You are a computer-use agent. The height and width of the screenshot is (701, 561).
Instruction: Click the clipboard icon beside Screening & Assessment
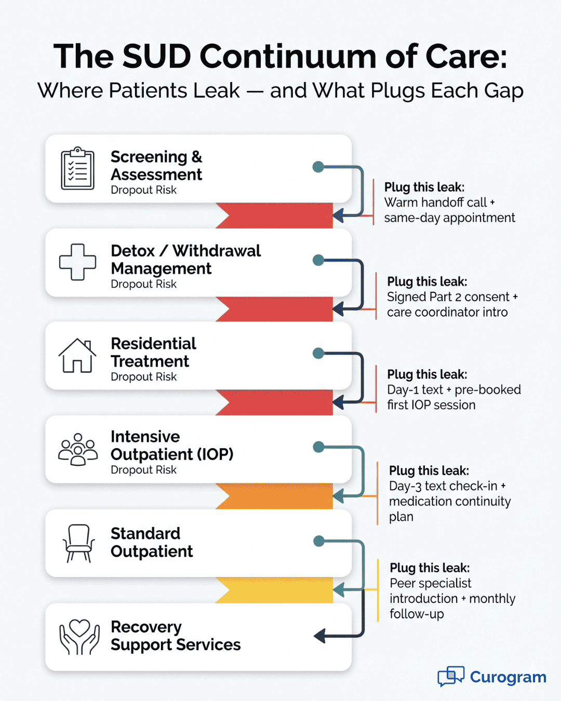[78, 168]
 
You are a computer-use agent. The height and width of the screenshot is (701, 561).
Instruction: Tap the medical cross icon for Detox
[78, 262]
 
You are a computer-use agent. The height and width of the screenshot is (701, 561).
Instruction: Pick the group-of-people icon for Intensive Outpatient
[78, 449]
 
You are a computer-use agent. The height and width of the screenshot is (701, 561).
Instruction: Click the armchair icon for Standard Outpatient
[78, 543]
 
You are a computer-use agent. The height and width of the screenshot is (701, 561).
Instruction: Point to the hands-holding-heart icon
[79, 637]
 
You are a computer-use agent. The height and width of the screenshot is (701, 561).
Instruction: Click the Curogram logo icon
[450, 676]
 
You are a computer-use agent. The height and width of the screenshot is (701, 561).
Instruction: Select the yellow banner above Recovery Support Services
[274, 590]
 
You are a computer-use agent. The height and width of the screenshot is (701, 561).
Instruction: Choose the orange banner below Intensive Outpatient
[274, 496]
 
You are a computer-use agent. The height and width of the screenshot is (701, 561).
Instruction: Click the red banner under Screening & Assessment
[274, 215]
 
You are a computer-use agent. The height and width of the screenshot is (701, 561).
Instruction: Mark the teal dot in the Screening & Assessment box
[318, 167]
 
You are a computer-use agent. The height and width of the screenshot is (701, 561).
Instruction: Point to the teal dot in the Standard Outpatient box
[319, 541]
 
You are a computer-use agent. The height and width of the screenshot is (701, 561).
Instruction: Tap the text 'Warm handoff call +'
[439, 203]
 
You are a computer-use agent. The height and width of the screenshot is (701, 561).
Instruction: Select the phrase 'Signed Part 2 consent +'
[452, 297]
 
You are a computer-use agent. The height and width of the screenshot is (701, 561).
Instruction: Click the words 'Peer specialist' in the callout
[431, 583]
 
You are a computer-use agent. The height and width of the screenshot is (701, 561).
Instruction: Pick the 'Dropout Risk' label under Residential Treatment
[143, 377]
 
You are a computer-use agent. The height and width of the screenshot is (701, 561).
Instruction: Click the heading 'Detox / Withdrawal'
[185, 251]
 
